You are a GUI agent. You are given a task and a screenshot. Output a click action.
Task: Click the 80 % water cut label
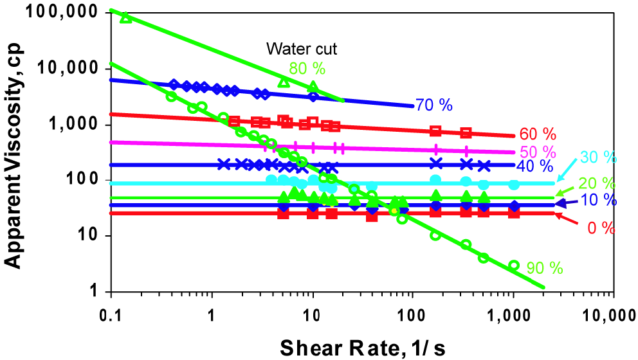307,69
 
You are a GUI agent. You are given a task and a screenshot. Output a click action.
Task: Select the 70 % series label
434,105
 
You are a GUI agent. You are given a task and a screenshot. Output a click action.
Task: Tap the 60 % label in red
538,134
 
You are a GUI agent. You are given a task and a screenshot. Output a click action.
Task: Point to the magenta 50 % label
538,152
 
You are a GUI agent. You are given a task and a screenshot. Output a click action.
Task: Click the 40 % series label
534,166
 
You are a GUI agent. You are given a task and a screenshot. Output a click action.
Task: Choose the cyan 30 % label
598,157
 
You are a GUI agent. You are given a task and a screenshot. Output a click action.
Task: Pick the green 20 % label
596,184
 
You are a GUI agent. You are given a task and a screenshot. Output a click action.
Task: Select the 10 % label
599,200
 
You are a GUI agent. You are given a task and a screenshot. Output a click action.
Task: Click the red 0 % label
601,229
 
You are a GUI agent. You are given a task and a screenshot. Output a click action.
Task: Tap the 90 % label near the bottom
544,269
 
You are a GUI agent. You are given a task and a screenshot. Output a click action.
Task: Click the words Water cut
302,49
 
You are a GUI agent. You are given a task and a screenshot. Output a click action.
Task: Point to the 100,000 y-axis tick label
62,12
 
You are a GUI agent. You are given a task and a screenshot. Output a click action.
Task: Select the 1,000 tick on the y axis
74,123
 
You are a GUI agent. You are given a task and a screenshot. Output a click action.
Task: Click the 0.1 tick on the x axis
111,315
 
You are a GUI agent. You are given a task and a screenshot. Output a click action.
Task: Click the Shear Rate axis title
362,348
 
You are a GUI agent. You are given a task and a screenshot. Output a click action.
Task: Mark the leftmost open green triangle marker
126,17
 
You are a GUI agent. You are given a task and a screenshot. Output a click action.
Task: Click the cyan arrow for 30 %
568,170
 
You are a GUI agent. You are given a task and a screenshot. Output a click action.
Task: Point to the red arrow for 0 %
567,219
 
